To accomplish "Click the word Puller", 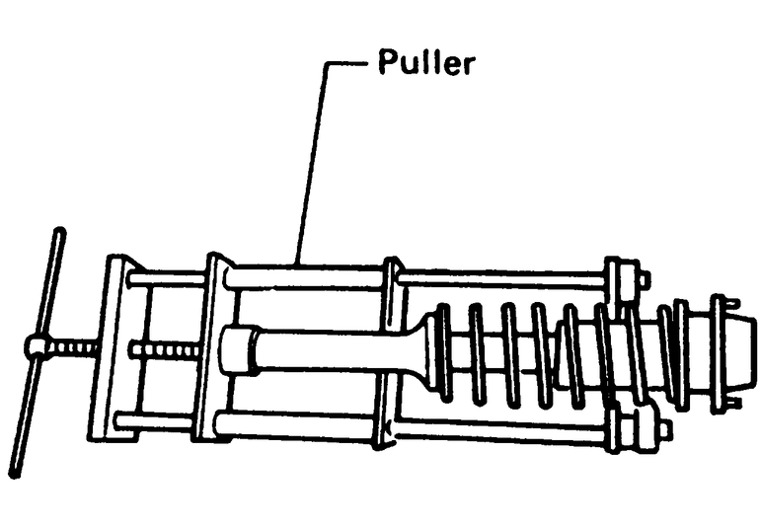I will point(426,65).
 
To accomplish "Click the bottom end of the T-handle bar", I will point(14,471).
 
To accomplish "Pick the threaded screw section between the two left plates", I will point(165,349).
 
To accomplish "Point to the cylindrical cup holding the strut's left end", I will point(237,350).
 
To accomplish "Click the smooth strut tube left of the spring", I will point(336,350).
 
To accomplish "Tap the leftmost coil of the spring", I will point(441,351).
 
